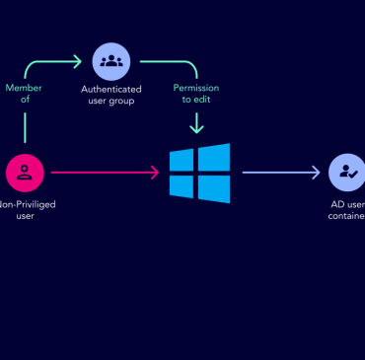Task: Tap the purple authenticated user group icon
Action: (x=111, y=61)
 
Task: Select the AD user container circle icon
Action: (x=347, y=173)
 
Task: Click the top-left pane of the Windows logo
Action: (x=182, y=161)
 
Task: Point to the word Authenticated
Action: (x=111, y=90)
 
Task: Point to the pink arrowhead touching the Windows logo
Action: (x=155, y=173)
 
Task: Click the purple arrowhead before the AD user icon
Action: (x=317, y=173)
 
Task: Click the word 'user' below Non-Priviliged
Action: (x=26, y=215)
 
